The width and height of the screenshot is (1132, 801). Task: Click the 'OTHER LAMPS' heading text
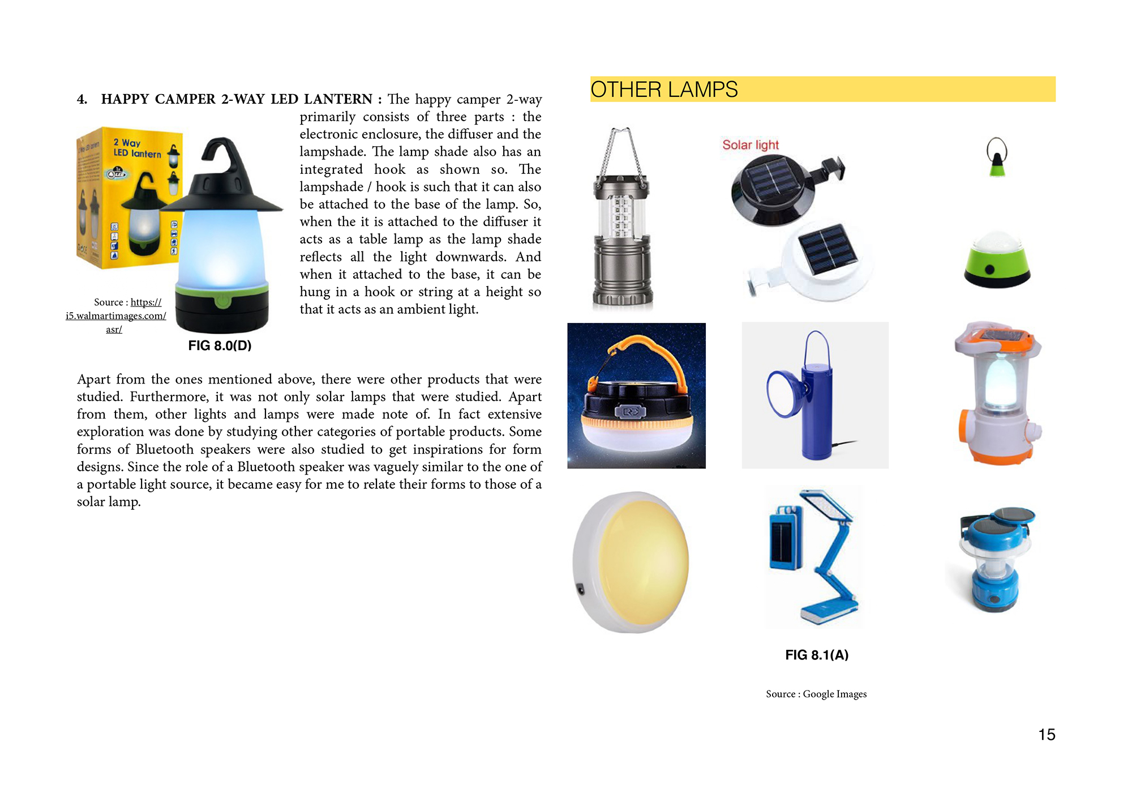point(663,90)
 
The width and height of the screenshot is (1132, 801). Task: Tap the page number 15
point(1047,735)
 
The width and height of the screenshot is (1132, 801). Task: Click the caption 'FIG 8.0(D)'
point(220,346)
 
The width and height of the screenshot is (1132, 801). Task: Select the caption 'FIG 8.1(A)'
point(816,655)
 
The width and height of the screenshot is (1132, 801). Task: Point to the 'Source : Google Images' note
point(816,694)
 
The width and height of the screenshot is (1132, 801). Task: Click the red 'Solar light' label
point(751,145)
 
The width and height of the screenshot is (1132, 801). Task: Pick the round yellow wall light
point(631,561)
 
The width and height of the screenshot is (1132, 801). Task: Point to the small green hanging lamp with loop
point(997,159)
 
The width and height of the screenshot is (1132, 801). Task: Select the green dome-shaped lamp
point(997,261)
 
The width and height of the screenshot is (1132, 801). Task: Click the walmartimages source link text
point(116,316)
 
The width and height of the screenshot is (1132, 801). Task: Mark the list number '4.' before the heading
point(82,100)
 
